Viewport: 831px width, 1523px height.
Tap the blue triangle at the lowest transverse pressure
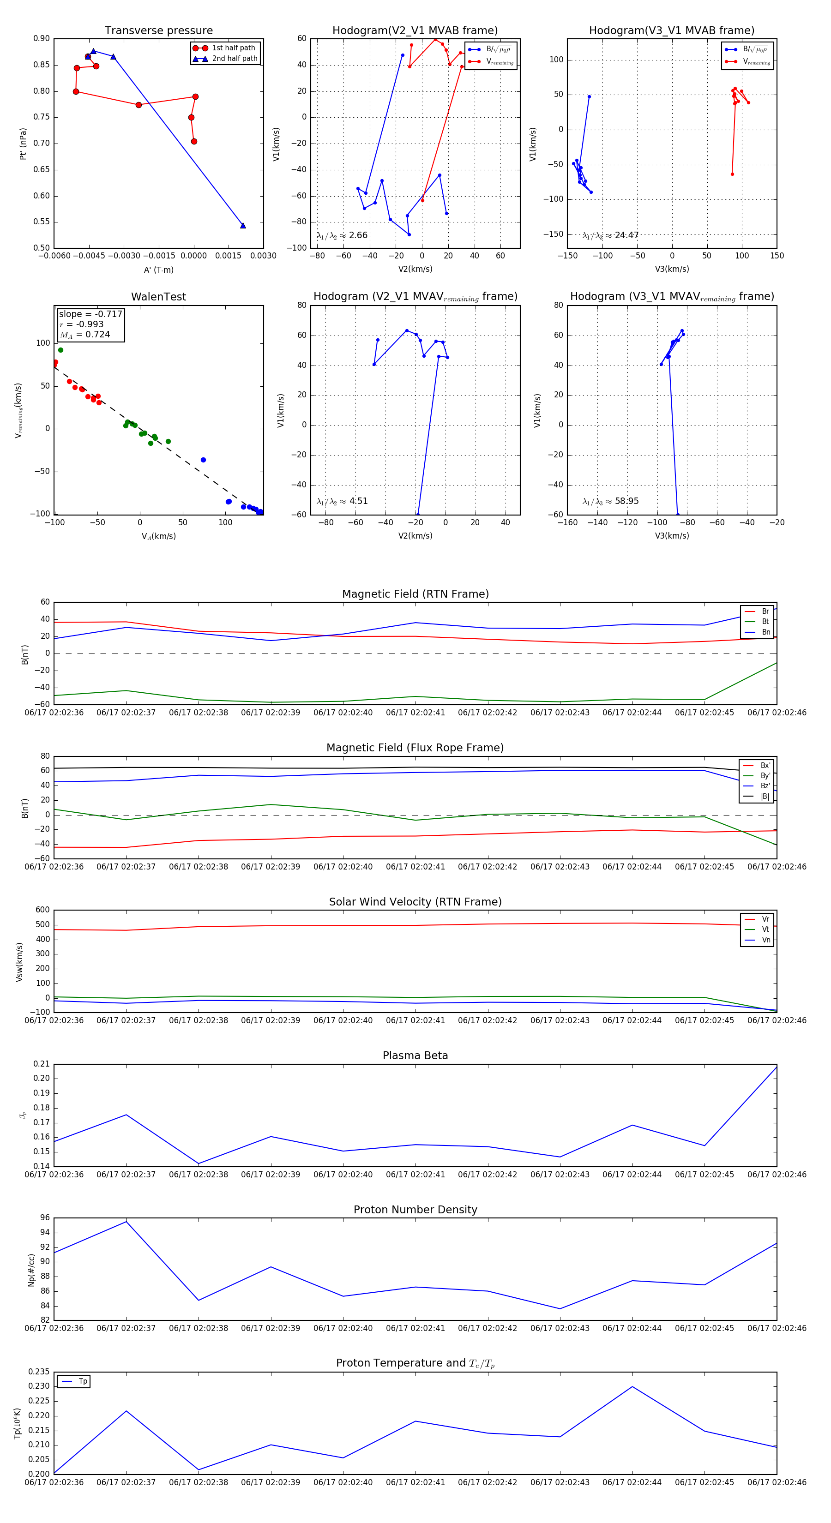point(242,225)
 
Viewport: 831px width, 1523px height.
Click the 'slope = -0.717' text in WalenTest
point(90,314)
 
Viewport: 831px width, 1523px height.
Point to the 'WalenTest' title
point(158,297)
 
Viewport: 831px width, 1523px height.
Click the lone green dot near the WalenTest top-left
point(60,350)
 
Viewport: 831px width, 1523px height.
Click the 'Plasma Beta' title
point(415,1056)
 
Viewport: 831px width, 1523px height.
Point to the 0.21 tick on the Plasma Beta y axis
point(42,1064)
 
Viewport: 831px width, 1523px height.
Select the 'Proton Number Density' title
point(415,1210)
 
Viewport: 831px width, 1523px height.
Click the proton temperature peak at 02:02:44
point(632,1386)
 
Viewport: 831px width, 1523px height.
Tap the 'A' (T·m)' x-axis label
point(158,270)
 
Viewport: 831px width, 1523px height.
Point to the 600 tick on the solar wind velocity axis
point(42,910)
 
